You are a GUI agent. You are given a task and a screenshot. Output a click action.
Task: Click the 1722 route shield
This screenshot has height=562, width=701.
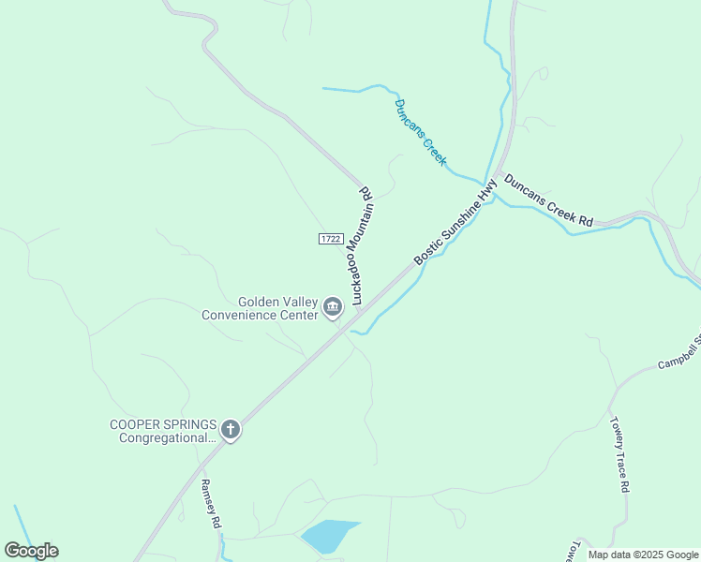[x=330, y=239]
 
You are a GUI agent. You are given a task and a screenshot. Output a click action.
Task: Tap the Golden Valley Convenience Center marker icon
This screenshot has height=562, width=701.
[x=333, y=307]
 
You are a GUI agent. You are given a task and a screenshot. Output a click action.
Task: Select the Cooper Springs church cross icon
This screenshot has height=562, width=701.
[x=231, y=430]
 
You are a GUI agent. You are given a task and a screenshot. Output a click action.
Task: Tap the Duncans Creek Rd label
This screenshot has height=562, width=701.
[x=548, y=200]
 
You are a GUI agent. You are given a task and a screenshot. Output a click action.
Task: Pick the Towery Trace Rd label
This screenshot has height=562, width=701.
[x=620, y=455]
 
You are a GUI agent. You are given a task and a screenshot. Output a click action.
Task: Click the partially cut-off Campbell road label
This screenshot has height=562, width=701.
[x=679, y=352]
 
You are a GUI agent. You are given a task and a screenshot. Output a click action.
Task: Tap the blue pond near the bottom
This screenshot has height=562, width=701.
[x=328, y=536]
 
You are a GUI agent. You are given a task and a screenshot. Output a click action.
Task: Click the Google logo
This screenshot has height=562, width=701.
[x=31, y=551]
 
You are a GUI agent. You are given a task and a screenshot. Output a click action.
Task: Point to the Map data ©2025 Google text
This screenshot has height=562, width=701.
[x=643, y=555]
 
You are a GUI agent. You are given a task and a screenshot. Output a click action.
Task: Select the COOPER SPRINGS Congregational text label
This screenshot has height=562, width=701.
[x=163, y=430]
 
